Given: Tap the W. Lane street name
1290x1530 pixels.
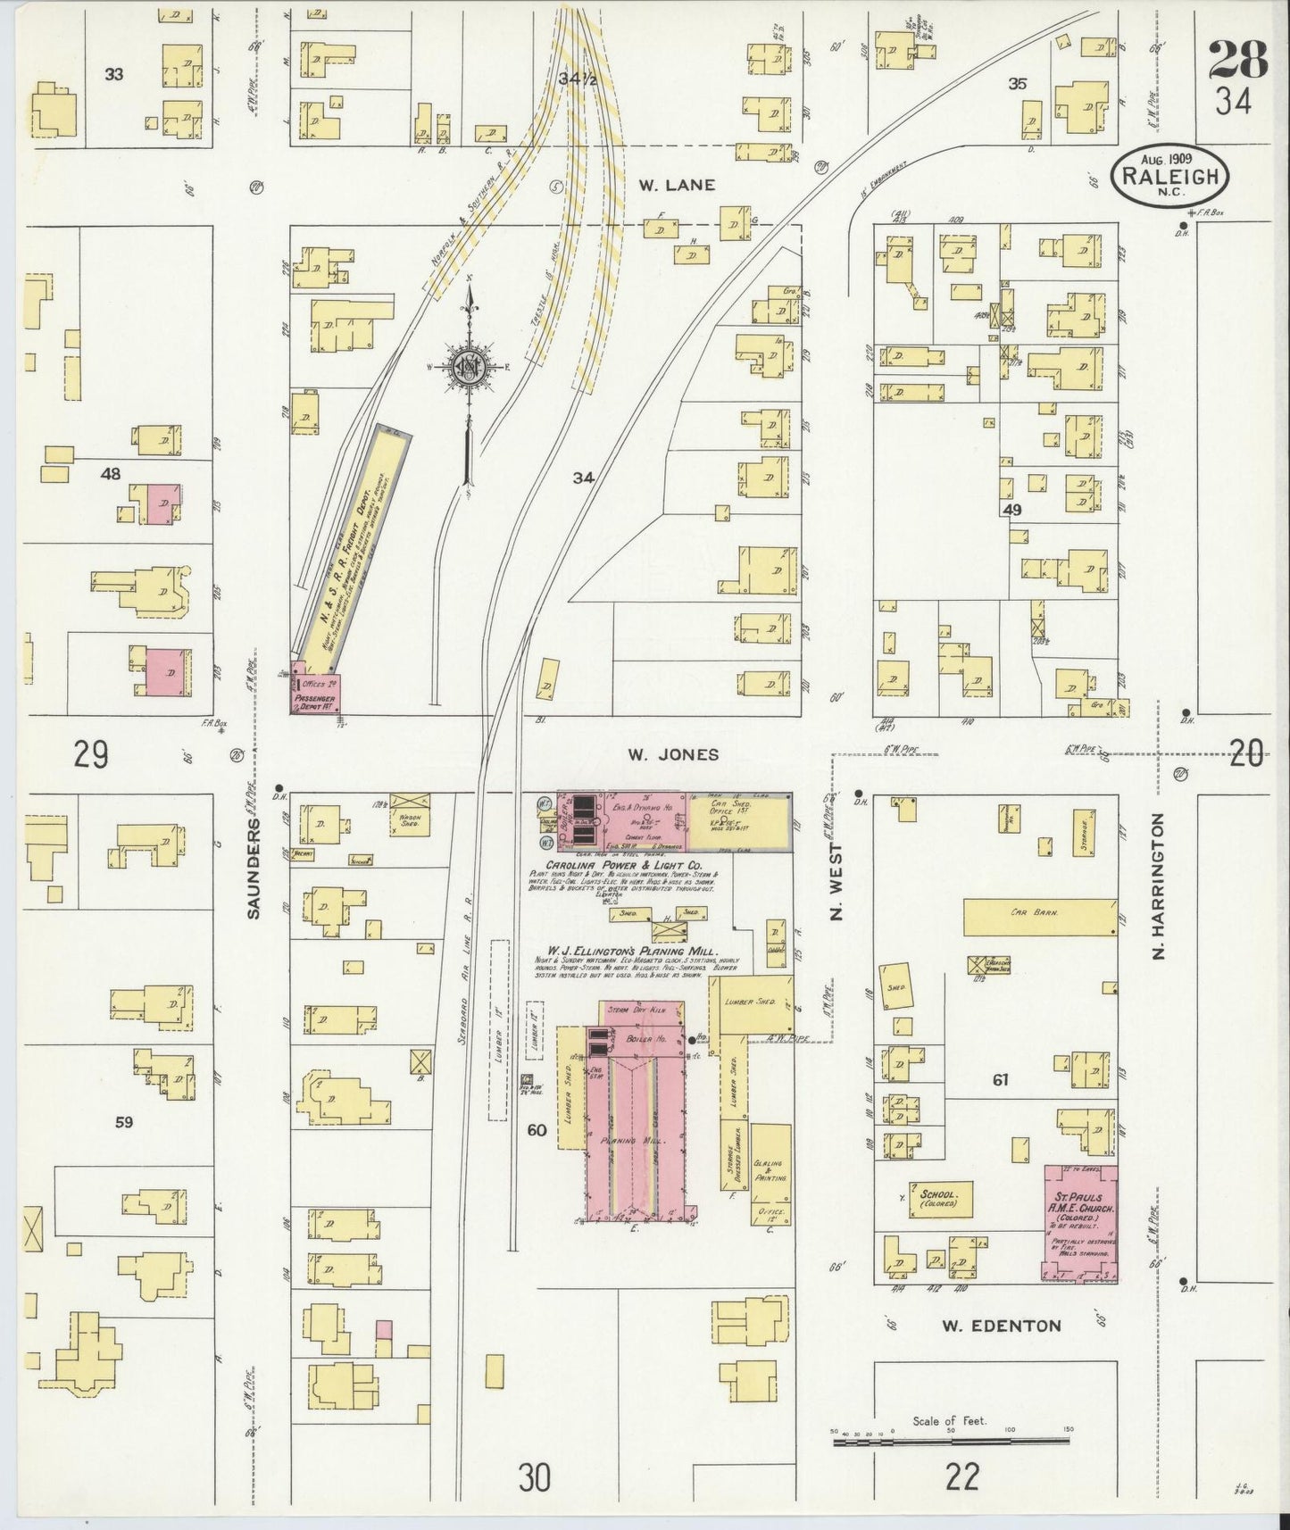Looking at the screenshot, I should point(677,186).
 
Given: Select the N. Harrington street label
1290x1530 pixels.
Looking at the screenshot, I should point(1160,886).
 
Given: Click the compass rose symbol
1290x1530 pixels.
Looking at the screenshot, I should point(467,369).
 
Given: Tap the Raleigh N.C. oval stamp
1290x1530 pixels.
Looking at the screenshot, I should point(1169,177).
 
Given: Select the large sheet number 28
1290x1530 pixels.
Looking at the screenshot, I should point(1238,60).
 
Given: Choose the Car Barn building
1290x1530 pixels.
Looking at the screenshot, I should point(1040,915).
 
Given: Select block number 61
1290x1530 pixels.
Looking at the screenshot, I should point(1000,1080).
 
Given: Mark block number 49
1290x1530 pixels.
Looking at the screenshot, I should point(1011,510).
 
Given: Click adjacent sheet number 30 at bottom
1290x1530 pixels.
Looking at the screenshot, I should point(534,1478).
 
